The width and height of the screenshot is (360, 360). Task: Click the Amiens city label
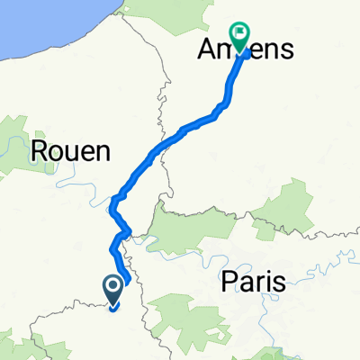point(245,51)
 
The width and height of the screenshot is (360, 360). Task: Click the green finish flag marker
point(240,37)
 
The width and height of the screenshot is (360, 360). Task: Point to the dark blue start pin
point(114,290)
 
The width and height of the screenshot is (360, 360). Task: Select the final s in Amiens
point(286,51)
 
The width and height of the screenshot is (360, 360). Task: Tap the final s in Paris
point(279,283)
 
